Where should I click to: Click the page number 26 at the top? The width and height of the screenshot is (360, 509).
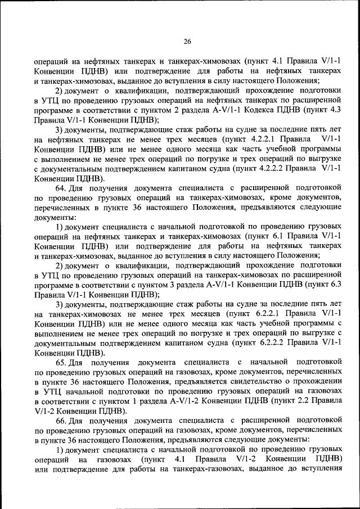point(188,40)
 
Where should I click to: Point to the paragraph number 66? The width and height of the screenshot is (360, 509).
point(61,420)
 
